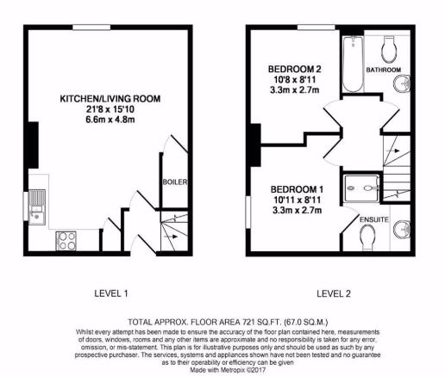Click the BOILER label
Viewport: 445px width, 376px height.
point(175,182)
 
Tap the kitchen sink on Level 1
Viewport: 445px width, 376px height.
point(37,206)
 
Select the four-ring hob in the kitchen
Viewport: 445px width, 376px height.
point(66,240)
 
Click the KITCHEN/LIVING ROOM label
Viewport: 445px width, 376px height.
point(110,99)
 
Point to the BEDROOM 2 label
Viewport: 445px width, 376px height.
point(294,69)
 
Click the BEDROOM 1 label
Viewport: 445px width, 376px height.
point(297,189)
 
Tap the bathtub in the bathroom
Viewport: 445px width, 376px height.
point(353,65)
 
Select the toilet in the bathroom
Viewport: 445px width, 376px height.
point(390,49)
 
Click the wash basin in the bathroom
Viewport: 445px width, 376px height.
point(402,83)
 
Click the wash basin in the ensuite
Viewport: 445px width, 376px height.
point(402,230)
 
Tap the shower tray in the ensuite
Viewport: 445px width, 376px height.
point(362,188)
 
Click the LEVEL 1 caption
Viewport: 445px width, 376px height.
point(111,293)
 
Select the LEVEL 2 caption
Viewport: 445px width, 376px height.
point(334,293)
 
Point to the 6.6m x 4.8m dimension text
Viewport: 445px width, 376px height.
point(110,120)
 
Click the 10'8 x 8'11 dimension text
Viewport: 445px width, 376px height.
point(294,79)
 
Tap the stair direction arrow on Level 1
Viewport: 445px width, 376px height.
point(171,237)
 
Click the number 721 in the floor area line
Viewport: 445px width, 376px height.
point(248,322)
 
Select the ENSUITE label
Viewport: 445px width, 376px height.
point(374,219)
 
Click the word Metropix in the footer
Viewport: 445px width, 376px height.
point(234,370)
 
